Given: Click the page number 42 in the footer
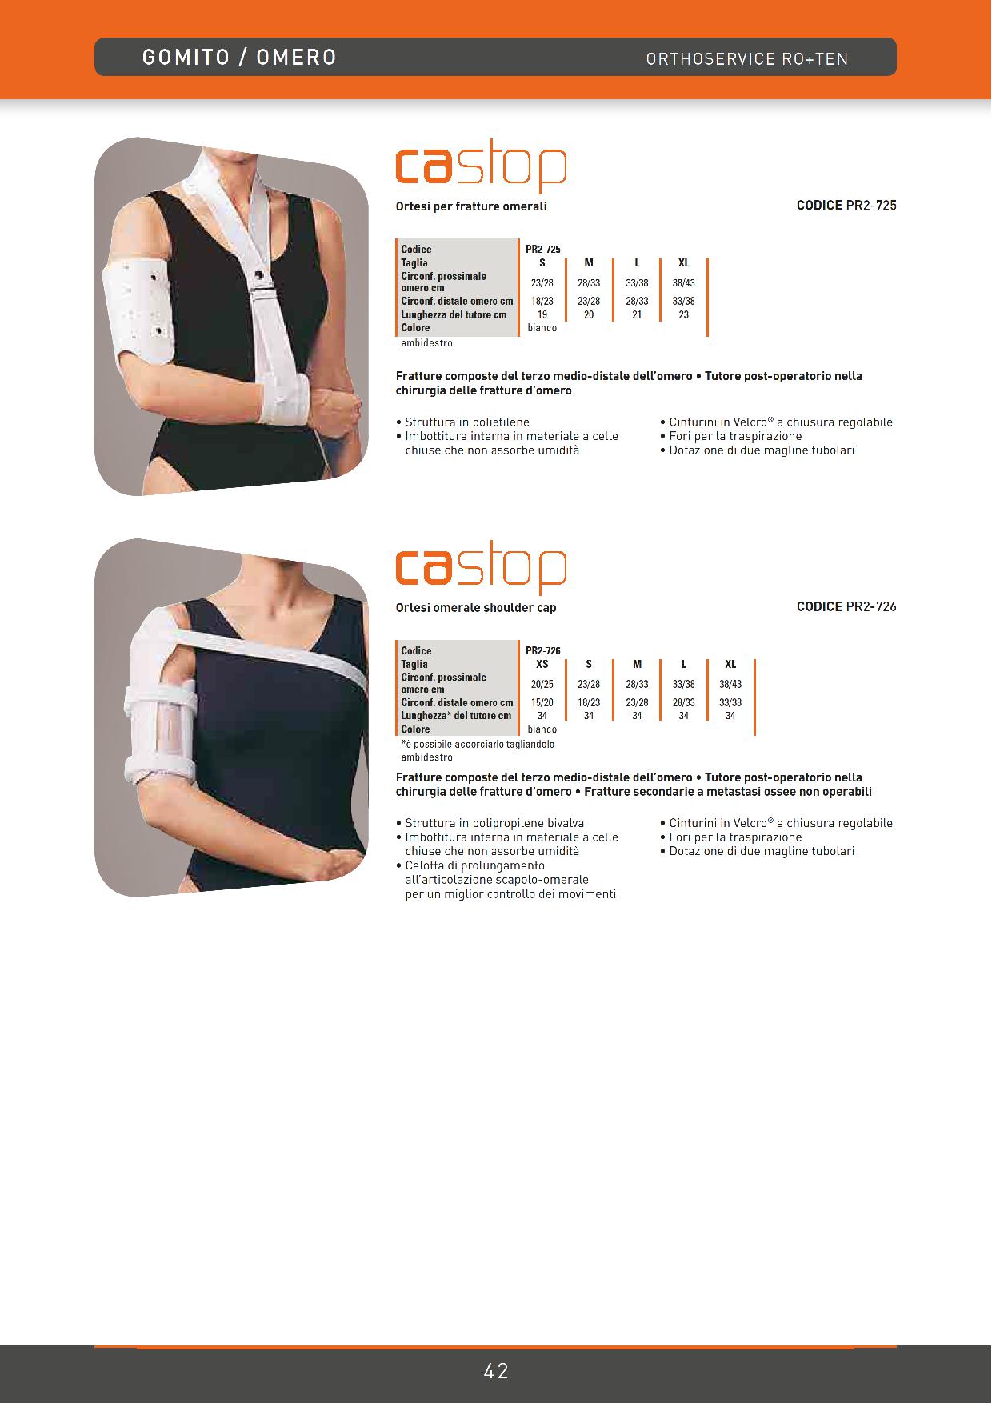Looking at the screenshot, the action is pos(496,1371).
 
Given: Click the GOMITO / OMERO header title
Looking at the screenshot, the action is pos(239,58).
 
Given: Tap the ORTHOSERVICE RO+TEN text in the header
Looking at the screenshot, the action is pos(747,58).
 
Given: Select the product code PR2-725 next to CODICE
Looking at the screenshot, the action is pos(871,205).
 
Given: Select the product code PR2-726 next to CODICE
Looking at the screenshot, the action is pos(871,606).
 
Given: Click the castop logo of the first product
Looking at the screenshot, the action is pos(481,168).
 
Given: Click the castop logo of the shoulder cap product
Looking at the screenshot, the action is pos(481,570).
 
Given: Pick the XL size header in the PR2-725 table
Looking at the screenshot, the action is pos(684,262).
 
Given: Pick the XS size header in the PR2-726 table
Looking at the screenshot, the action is pos(542,664).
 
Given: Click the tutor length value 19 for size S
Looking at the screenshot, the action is pos(542,314).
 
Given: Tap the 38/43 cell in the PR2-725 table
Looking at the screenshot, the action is pos(684,283).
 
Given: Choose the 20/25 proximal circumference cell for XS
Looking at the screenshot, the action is pos(542,685).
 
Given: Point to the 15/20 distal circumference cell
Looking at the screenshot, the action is pos(542,702).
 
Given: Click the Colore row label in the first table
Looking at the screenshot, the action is pos(415,328).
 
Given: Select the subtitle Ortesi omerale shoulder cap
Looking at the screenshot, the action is pos(476,608).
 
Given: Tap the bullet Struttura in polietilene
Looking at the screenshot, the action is pos(462,422).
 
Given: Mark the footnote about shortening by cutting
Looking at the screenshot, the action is pos(478,744).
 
